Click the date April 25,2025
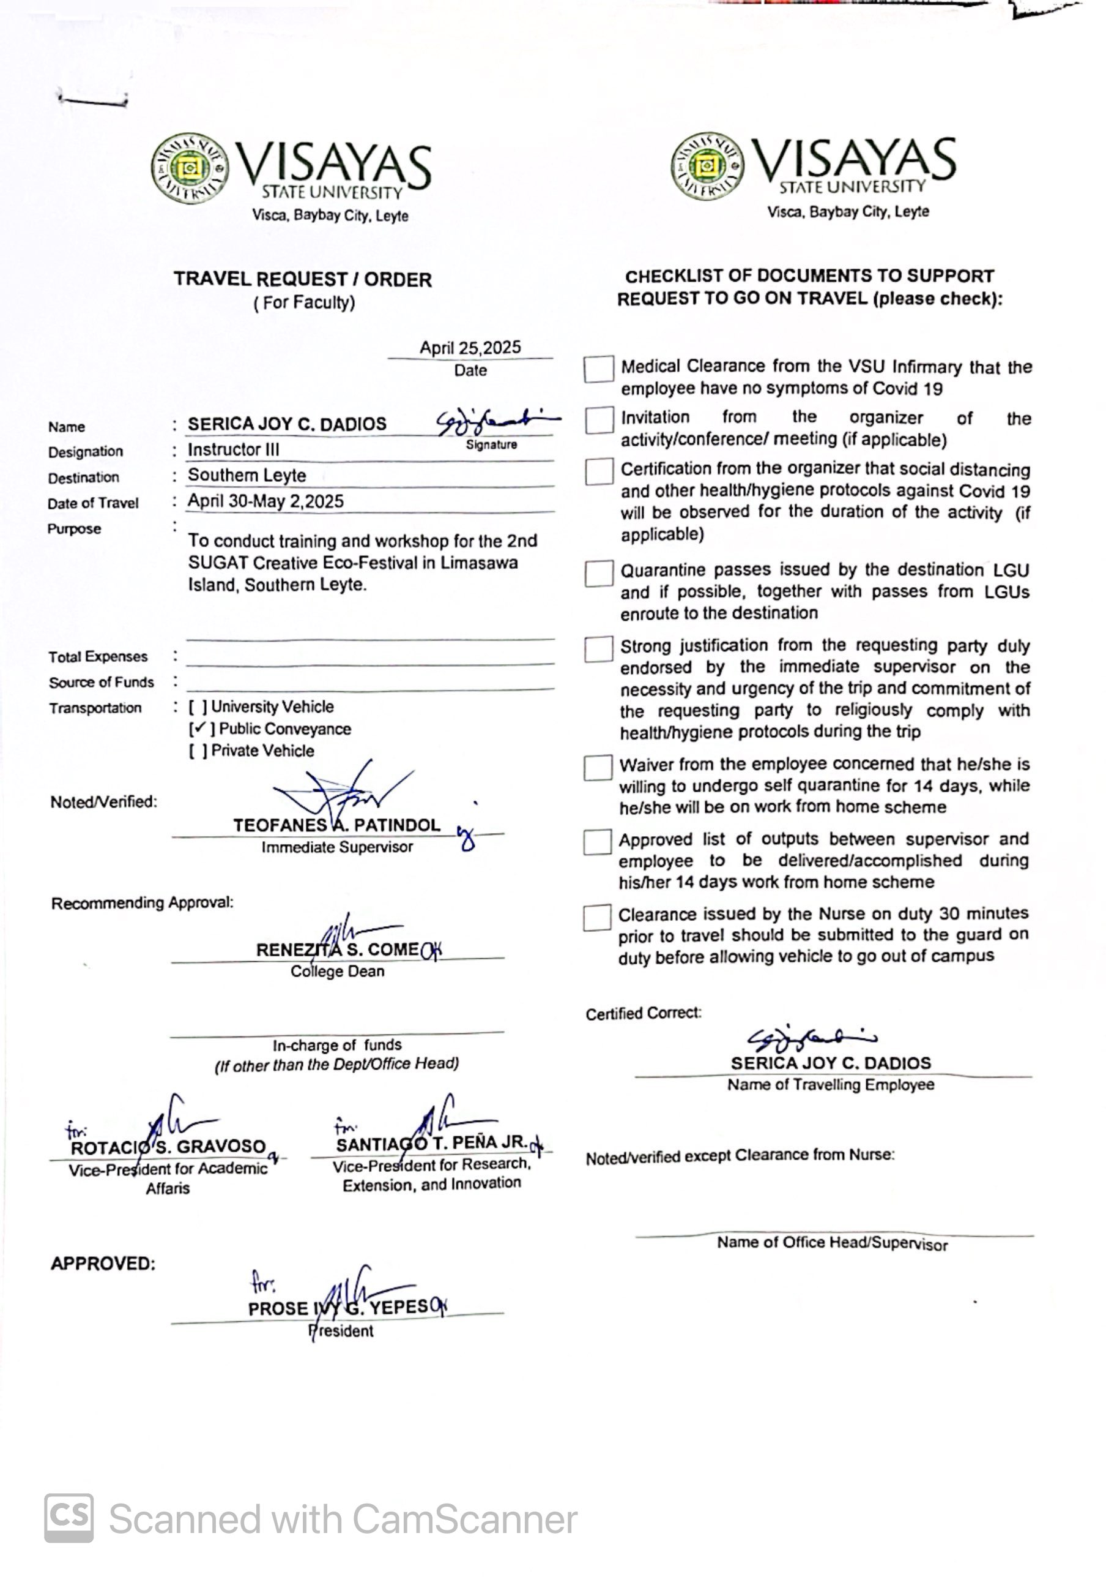[470, 347]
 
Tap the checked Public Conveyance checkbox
[199, 729]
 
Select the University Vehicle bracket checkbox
[198, 707]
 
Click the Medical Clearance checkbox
[598, 369]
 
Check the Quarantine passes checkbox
[598, 573]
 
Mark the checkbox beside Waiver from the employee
[598, 768]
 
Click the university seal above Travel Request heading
[190, 168]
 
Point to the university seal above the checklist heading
[707, 166]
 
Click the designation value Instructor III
[234, 449]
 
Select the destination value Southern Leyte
[247, 476]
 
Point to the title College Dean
[337, 972]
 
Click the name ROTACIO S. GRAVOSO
[168, 1147]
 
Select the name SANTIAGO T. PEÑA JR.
[431, 1143]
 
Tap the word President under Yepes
[341, 1330]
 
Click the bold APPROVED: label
[103, 1264]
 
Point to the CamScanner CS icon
[69, 1518]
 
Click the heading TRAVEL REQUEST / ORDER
[302, 279]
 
